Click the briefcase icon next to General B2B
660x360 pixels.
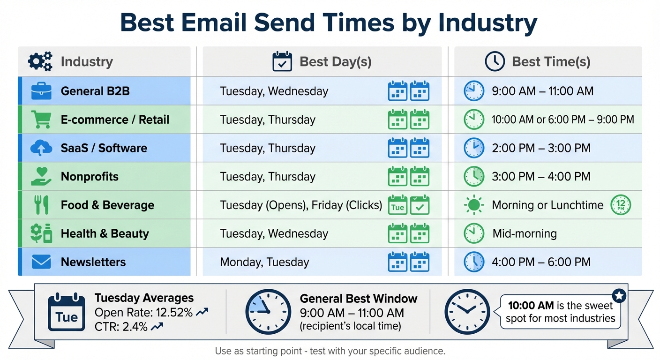41,91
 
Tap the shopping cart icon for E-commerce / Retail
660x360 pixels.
41,120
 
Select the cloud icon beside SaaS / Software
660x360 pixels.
41,148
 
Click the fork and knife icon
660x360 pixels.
41,205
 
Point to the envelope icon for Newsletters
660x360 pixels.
41,262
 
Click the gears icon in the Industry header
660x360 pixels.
40,62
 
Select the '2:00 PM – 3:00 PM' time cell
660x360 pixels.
541,148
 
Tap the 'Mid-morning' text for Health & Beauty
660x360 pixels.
524,233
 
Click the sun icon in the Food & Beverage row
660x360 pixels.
473,205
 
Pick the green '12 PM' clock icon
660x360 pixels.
621,205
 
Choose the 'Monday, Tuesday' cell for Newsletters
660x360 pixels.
264,262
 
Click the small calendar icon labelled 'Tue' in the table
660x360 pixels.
397,205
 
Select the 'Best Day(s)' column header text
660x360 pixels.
335,62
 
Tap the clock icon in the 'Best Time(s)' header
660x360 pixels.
495,62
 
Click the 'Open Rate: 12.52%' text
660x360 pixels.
143,313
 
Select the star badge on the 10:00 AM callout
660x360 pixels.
619,296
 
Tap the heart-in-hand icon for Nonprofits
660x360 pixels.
41,177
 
